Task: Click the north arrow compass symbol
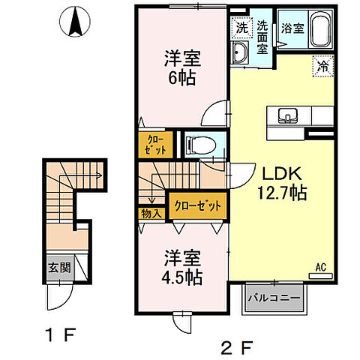(75, 22)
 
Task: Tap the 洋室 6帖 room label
(181, 67)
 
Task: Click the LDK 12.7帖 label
(278, 182)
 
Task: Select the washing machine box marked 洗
(241, 28)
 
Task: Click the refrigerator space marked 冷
(320, 66)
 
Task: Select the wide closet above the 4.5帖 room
(195, 204)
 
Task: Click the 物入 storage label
(152, 213)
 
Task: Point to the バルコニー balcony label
(274, 298)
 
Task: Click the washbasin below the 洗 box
(242, 52)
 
